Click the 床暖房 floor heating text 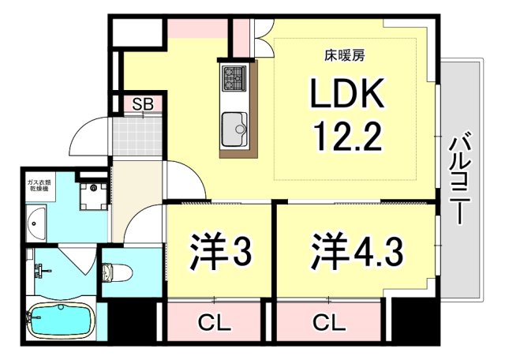(x=344, y=56)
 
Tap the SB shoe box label (x=142, y=103)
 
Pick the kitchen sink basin (x=235, y=126)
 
